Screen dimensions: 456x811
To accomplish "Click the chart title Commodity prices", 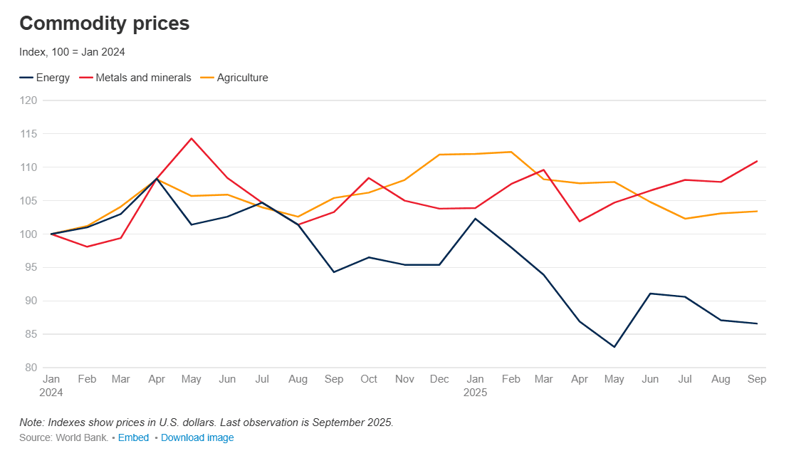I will pyautogui.click(x=104, y=24).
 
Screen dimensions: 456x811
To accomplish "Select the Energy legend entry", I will pyautogui.click(x=45, y=78).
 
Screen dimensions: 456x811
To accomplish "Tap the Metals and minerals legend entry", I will pyautogui.click(x=135, y=78).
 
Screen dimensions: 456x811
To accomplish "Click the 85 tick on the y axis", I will pyautogui.click(x=31, y=334).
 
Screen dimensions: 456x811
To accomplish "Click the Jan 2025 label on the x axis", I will pyautogui.click(x=475, y=385).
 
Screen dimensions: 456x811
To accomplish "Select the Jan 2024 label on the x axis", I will pyautogui.click(x=51, y=385).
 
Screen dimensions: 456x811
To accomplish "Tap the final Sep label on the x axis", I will pyautogui.click(x=757, y=379).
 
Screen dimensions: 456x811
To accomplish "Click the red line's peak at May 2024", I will pyautogui.click(x=192, y=138).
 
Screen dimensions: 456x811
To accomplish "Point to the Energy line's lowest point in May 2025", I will pyautogui.click(x=614, y=347).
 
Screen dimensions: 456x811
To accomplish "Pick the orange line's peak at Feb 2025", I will pyautogui.click(x=511, y=152).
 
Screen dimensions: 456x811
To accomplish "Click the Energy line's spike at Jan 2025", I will pyautogui.click(x=475, y=219).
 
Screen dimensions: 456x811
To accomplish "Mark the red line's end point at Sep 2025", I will pyautogui.click(x=756, y=161).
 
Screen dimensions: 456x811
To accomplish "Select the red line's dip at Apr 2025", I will pyautogui.click(x=580, y=221).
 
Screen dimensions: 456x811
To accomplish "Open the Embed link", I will pyautogui.click(x=133, y=437).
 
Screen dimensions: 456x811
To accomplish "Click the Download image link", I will pyautogui.click(x=197, y=437).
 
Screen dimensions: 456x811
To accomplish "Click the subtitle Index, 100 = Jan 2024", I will pyautogui.click(x=72, y=52).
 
